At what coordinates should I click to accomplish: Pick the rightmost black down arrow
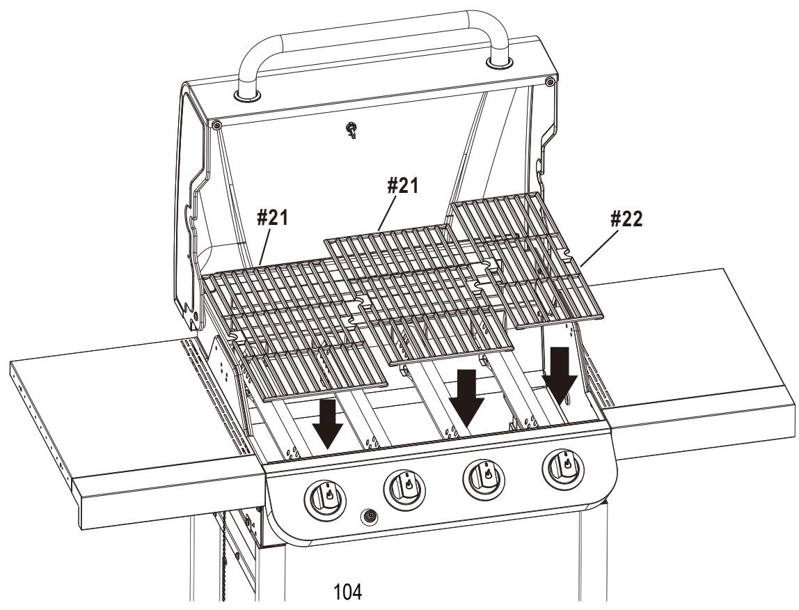pyautogui.click(x=560, y=373)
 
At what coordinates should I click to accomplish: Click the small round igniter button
pyautogui.click(x=368, y=517)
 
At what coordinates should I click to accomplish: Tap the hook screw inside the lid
pyautogui.click(x=352, y=130)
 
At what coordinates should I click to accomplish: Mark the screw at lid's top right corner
pyautogui.click(x=550, y=83)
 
